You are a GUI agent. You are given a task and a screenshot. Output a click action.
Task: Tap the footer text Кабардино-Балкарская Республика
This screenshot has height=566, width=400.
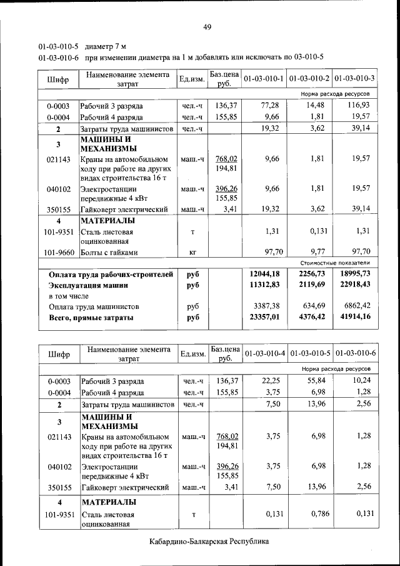tap(209, 541)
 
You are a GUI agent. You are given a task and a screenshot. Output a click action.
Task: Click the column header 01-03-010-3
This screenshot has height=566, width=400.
tap(354, 79)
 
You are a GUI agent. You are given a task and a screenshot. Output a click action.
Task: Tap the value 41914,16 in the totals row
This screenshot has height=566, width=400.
tap(355, 317)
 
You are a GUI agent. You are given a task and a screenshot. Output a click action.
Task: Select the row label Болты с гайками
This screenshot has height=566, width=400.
tap(109, 253)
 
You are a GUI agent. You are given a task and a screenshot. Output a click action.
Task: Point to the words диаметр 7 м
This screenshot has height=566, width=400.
tap(106, 46)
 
